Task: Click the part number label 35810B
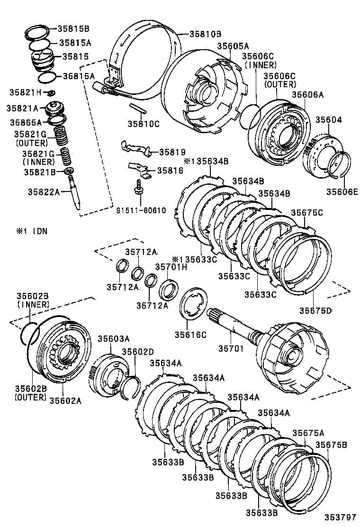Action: pyautogui.click(x=205, y=34)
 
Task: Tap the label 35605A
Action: pyautogui.click(x=233, y=46)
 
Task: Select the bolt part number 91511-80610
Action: pyautogui.click(x=142, y=210)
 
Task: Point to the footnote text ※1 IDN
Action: pyautogui.click(x=34, y=231)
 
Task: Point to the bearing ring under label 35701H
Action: pyautogui.click(x=168, y=290)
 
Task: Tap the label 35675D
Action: pyautogui.click(x=315, y=310)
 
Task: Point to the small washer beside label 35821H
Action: pyautogui.click(x=52, y=91)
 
